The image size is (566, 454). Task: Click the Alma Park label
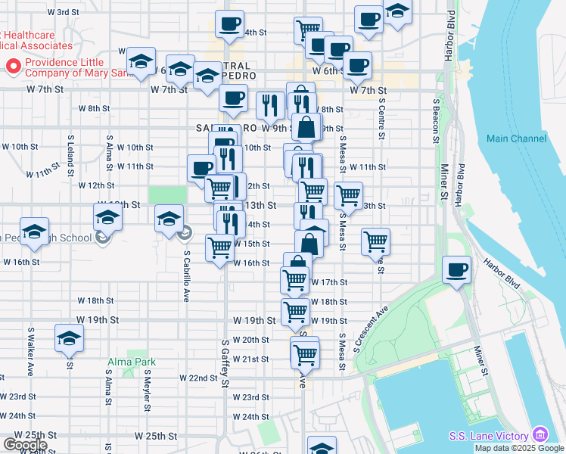point(131,362)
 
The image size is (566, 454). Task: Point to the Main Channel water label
point(516,138)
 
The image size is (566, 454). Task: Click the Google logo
point(25,445)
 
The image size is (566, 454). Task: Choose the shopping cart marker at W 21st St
point(305,353)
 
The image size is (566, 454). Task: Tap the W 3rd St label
point(63,12)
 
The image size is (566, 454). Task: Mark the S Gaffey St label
point(225,364)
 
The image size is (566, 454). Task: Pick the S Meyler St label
point(143,389)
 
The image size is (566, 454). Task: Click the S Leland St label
point(70,151)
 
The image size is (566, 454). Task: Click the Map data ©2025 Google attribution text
point(519,448)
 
